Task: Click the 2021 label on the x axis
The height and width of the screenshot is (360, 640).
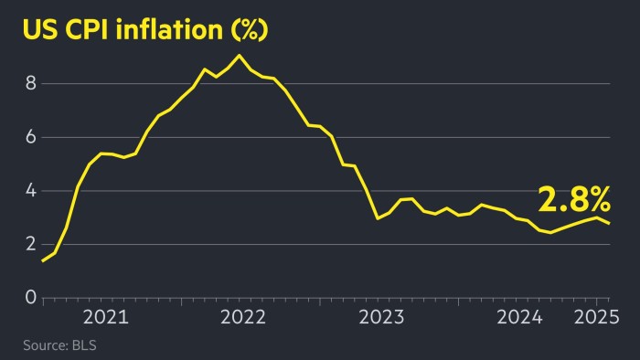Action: [106, 318]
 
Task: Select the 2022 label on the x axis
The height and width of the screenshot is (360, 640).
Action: [243, 318]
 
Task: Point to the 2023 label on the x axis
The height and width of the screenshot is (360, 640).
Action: [381, 318]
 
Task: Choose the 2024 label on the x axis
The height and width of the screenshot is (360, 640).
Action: [519, 318]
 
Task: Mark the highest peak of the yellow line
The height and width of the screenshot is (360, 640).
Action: [239, 56]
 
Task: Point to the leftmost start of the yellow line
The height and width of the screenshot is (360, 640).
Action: [42, 261]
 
